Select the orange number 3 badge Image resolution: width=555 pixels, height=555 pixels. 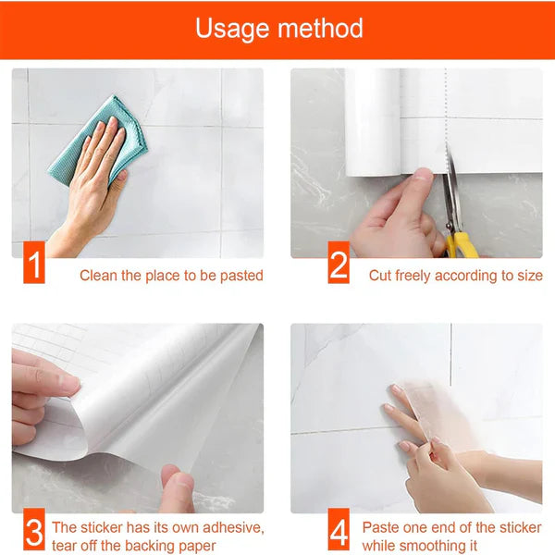[33, 533]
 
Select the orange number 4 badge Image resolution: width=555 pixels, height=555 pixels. [339, 533]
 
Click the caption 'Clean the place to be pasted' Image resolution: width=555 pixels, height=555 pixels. [171, 276]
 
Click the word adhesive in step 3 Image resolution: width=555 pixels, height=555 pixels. [232, 527]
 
